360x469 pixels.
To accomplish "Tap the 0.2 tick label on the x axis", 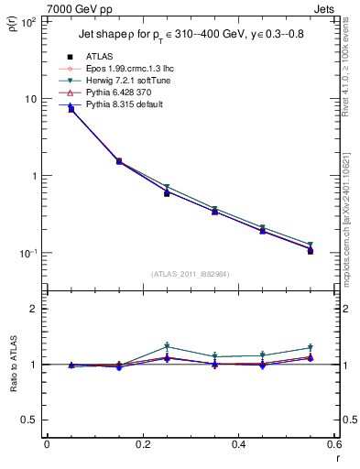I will point(143,444).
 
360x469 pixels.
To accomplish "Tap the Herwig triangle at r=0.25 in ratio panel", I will point(167,346).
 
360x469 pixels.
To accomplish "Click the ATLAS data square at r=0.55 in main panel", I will point(311,250).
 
